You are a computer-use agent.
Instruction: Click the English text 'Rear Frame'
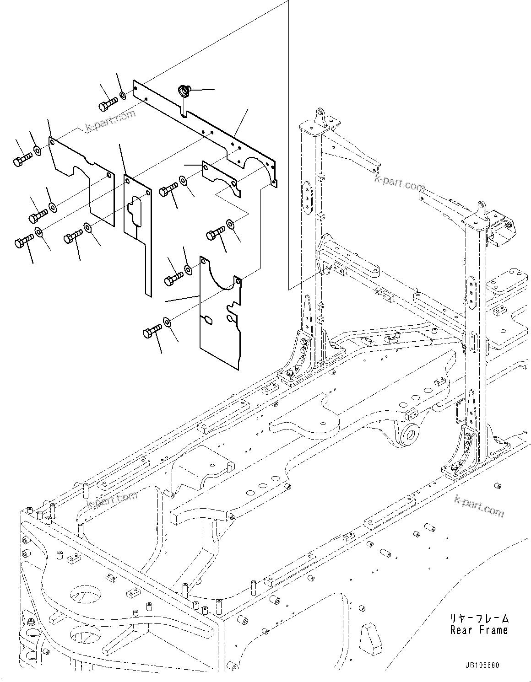pyautogui.click(x=479, y=630)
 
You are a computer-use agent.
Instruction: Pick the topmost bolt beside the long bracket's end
pyautogui.click(x=107, y=104)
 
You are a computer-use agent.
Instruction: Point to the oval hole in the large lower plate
pyautogui.click(x=206, y=320)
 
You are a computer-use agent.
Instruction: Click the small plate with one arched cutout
pyautogui.click(x=222, y=178)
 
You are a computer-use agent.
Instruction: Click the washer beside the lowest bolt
pyautogui.click(x=167, y=323)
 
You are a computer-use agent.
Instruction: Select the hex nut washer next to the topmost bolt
pyautogui.click(x=123, y=96)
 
